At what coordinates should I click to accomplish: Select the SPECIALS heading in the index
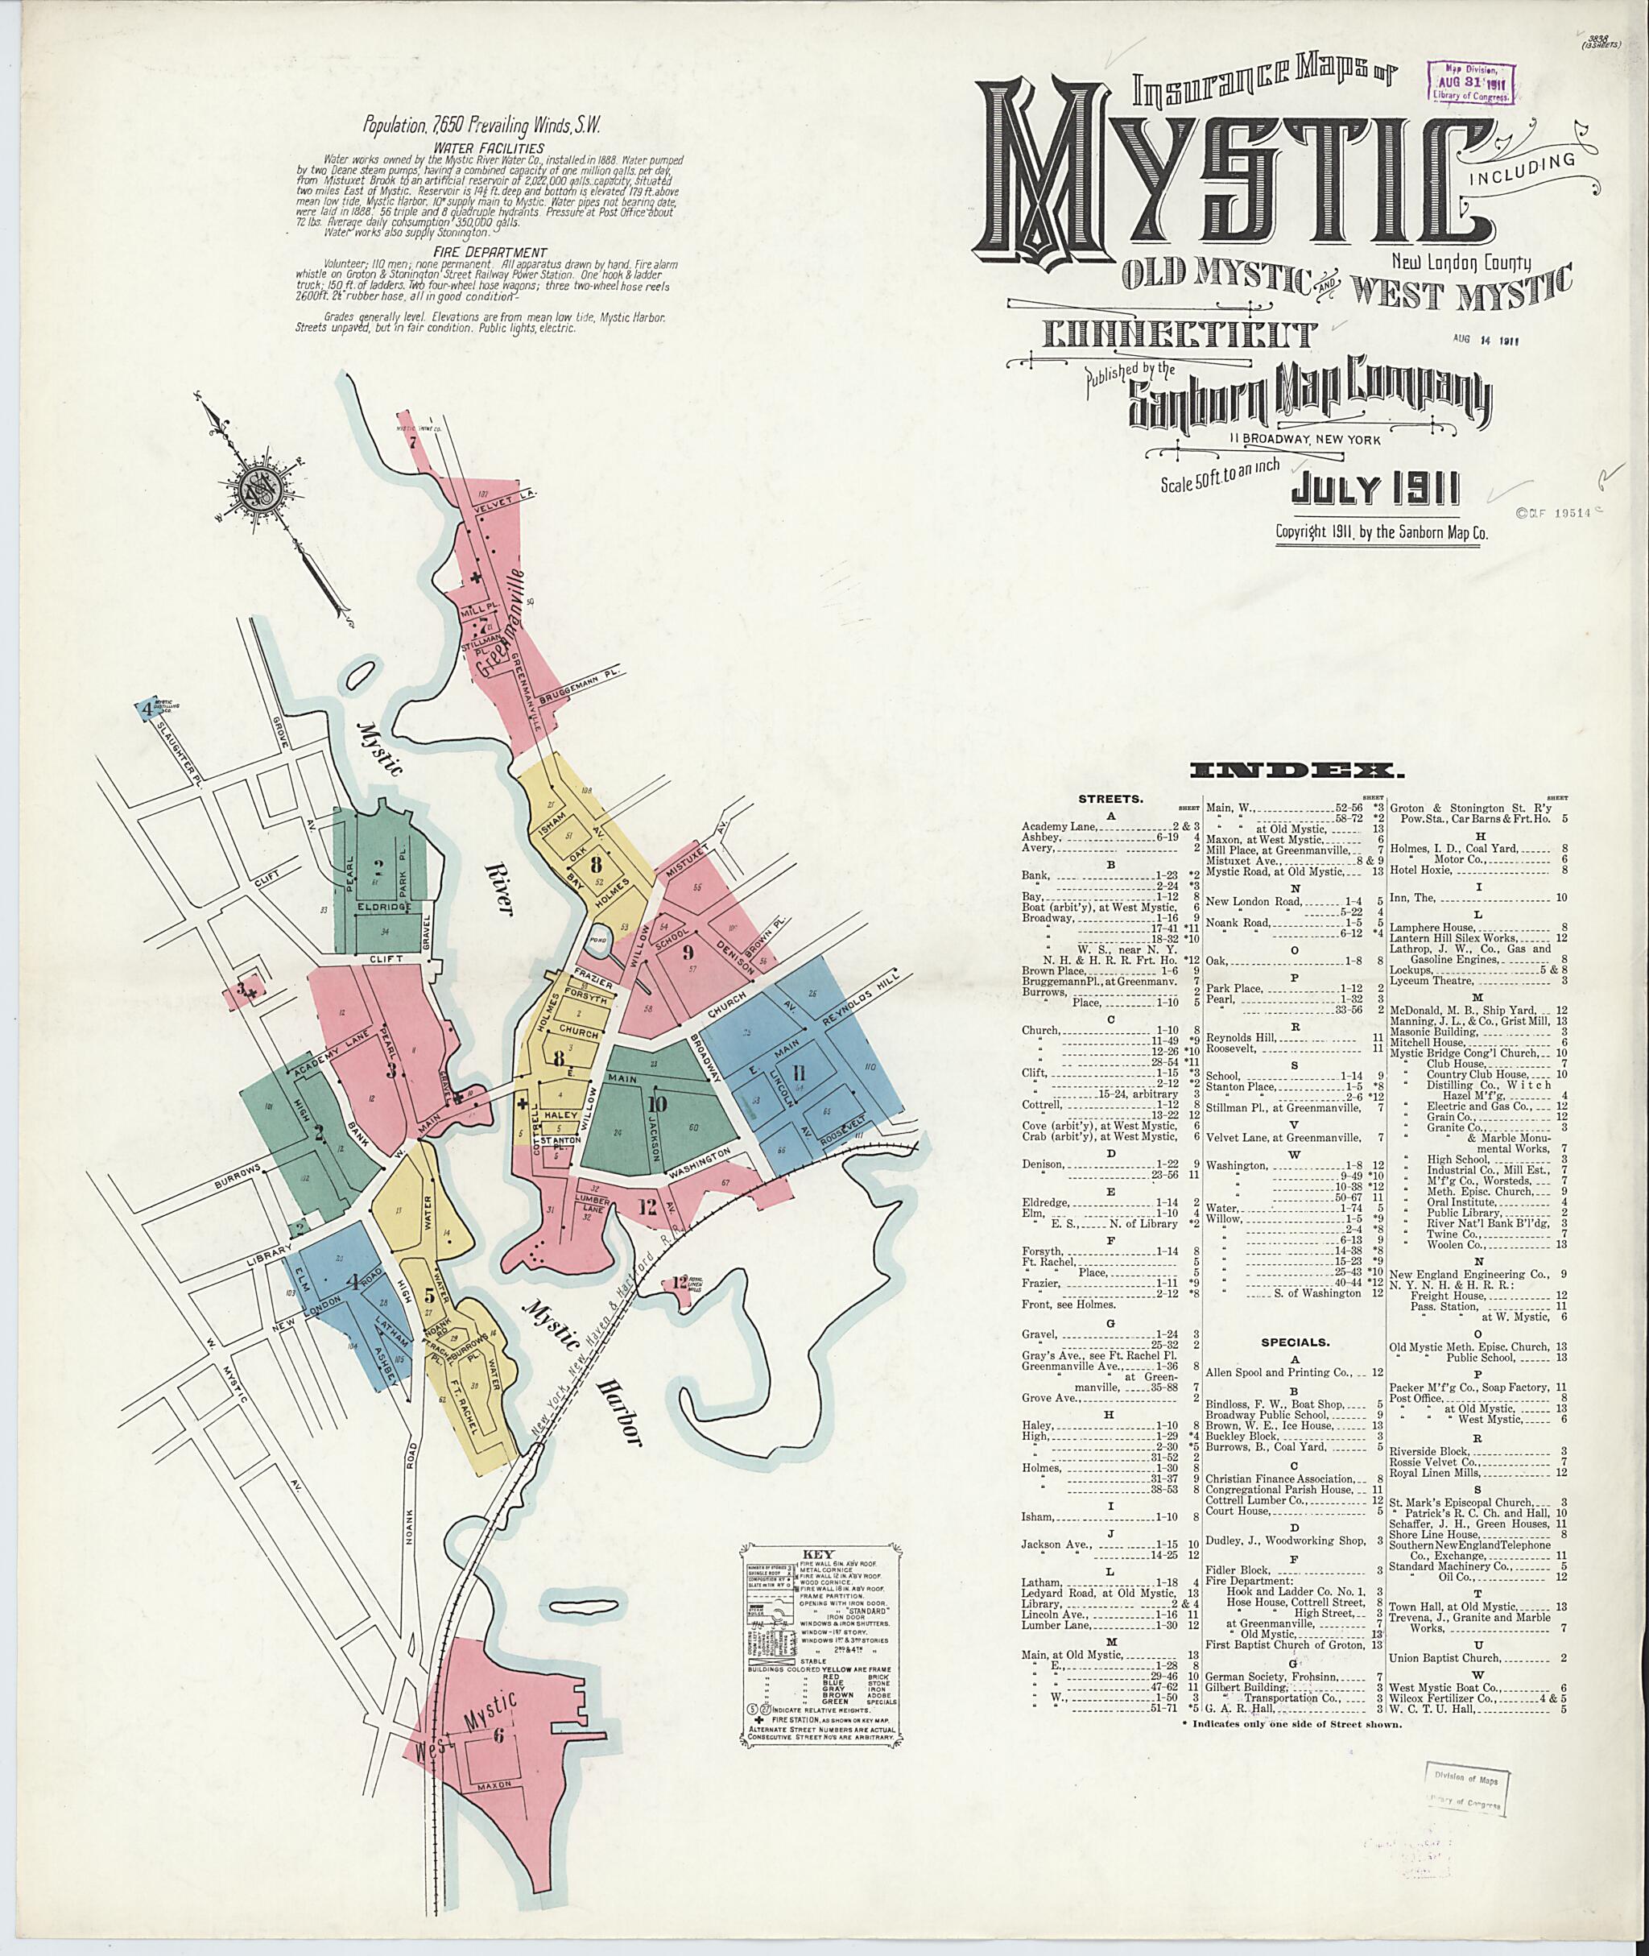point(1295,1342)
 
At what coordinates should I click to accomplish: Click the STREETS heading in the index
point(1110,800)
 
